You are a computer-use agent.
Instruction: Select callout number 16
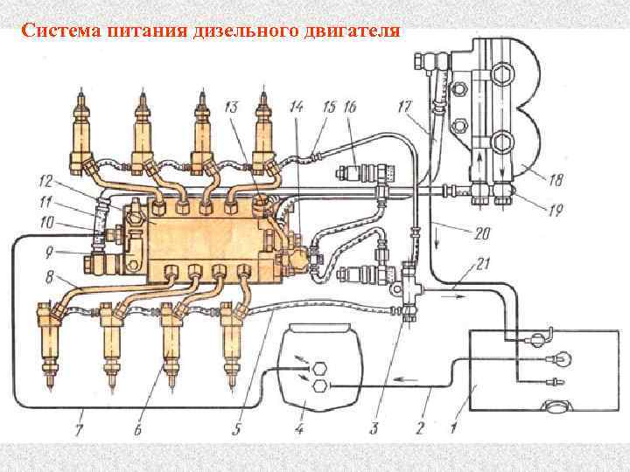tap(349, 107)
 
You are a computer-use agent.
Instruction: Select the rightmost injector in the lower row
tap(234, 341)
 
